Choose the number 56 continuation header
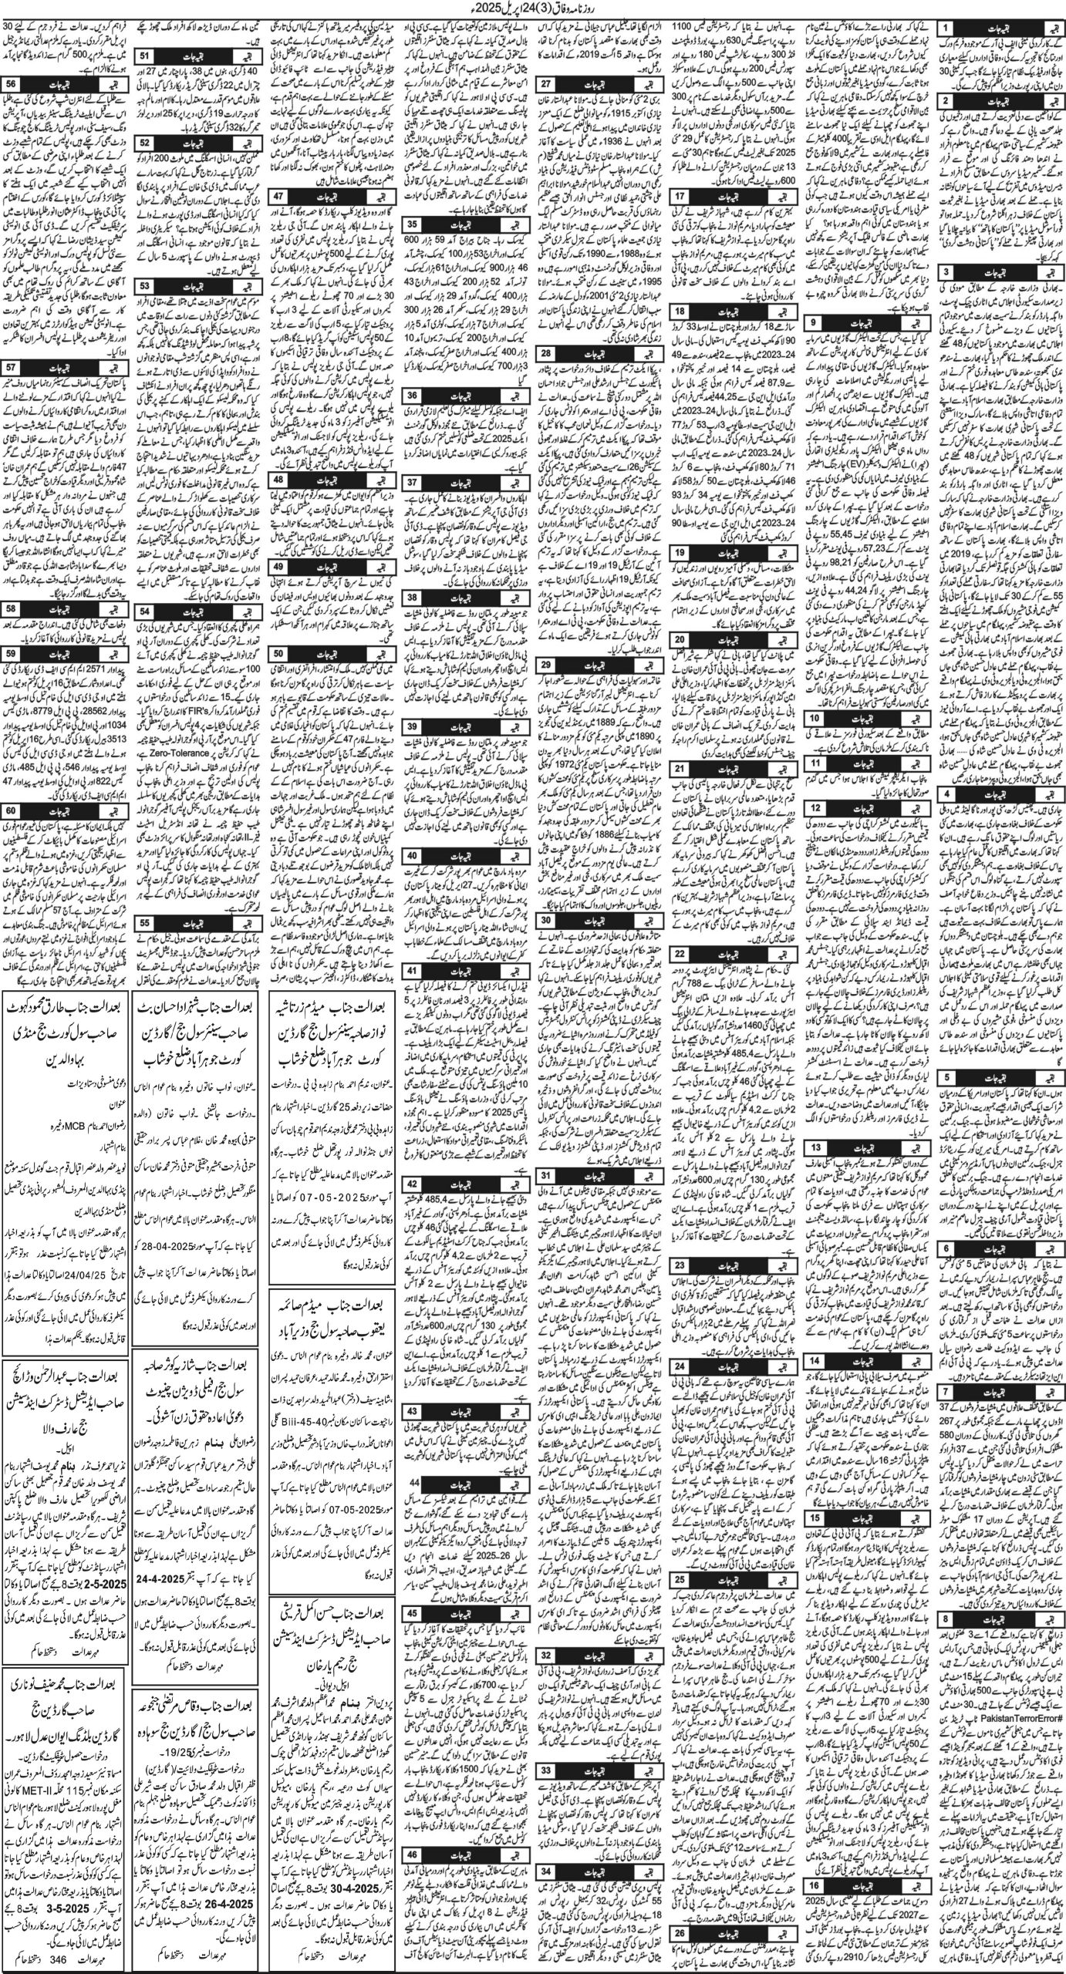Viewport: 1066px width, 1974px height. [x=11, y=84]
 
